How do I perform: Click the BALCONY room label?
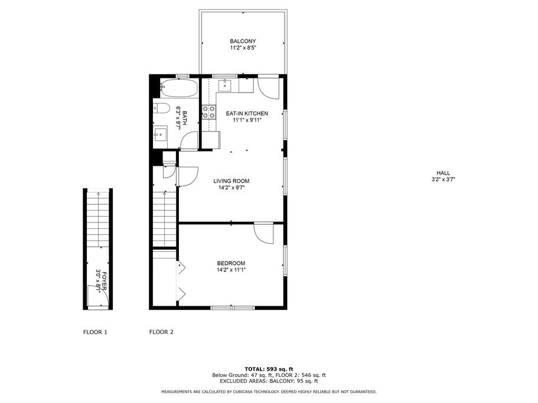243,41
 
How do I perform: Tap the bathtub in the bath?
179,88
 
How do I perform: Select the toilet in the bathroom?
161,109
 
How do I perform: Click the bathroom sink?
160,134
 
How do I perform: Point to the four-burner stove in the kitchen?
209,112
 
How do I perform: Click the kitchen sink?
225,84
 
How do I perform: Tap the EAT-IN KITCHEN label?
247,113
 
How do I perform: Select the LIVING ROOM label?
231,181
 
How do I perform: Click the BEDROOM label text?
231,263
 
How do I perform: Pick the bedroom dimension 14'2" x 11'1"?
231,270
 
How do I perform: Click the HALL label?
444,173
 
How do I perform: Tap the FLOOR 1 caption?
96,332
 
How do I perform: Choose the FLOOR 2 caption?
161,332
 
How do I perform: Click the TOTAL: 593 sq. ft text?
269,369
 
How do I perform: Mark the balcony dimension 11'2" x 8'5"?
243,48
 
